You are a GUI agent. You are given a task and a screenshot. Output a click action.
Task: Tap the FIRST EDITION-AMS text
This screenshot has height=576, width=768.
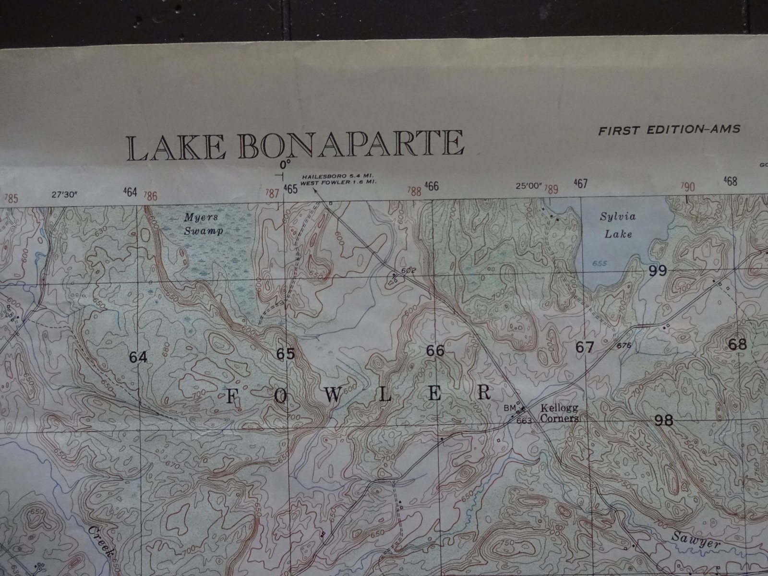669,130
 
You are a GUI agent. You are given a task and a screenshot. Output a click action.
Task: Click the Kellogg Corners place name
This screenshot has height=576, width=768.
560,413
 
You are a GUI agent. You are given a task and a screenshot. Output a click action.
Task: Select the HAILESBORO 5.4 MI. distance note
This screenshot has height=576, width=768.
338,177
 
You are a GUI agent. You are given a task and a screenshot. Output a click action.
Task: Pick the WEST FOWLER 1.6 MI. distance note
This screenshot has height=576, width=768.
339,183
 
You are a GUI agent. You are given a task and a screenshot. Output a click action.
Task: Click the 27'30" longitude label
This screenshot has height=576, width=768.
65,195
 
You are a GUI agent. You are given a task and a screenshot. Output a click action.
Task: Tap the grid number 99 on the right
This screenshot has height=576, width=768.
657,271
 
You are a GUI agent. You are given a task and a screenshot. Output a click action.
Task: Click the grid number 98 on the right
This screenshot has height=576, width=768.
663,420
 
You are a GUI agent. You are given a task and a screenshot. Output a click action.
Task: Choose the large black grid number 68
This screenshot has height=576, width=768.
737,344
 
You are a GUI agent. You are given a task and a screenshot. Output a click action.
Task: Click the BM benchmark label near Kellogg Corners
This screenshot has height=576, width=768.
509,408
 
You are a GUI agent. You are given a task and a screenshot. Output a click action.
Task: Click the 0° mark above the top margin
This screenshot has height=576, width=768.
286,164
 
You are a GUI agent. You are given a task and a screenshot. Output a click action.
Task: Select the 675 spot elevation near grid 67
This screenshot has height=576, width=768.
624,345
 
